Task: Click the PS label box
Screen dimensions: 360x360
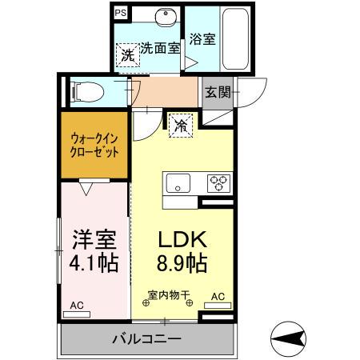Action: (x=120, y=13)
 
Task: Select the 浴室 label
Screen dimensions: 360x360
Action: (x=201, y=38)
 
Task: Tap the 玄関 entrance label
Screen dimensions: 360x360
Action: (x=217, y=91)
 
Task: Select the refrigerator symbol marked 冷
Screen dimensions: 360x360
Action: (x=181, y=126)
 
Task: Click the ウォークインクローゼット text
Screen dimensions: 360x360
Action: (x=94, y=145)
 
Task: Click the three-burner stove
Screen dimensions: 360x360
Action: (x=218, y=181)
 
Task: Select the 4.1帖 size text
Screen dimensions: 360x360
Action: (x=94, y=262)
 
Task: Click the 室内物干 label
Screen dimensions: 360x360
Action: (x=168, y=295)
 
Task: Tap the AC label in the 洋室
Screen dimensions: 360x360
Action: (x=77, y=305)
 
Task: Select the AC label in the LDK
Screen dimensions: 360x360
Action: (x=218, y=296)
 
